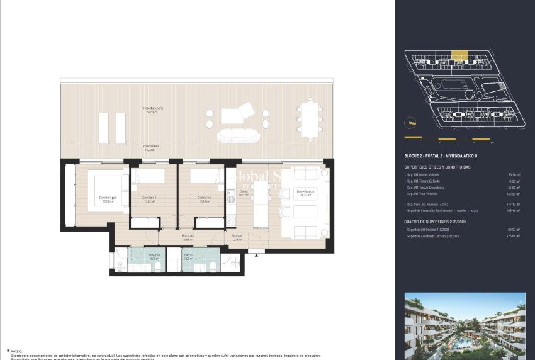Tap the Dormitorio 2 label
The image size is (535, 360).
click(149, 198)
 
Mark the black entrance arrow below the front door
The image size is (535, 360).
click(257, 253)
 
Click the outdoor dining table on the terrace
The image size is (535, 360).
click(308, 120)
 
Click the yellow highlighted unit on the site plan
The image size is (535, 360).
click(461, 57)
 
